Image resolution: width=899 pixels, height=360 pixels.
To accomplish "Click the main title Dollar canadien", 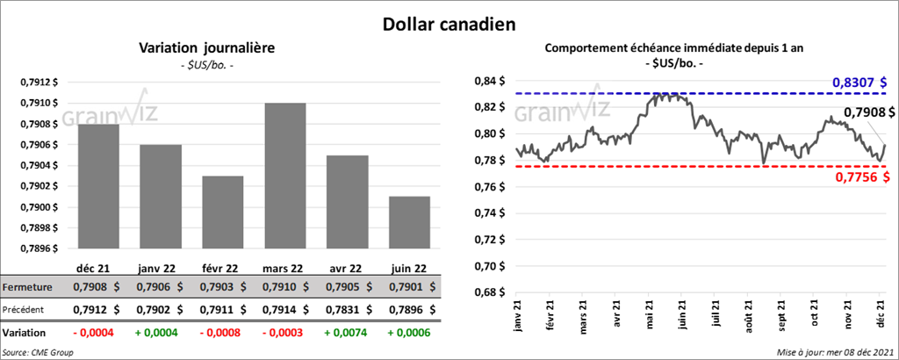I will tap(449, 24).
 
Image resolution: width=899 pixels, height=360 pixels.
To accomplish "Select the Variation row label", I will tap(25, 334).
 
